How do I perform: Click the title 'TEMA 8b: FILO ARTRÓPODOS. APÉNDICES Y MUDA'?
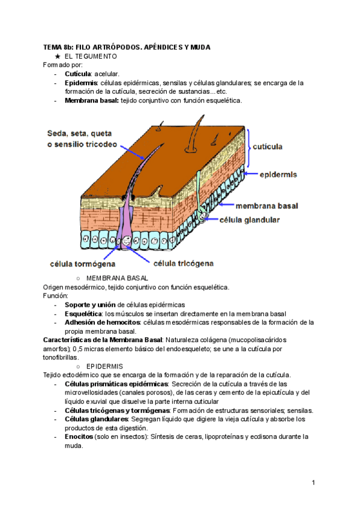127,47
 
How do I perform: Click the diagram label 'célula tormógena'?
82,263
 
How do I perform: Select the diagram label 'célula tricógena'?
184,262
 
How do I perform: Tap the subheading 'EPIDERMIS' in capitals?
105,366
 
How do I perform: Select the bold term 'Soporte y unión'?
90,305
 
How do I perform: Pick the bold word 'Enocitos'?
79,436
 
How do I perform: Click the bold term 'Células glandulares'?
96,418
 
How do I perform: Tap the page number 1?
313,483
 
